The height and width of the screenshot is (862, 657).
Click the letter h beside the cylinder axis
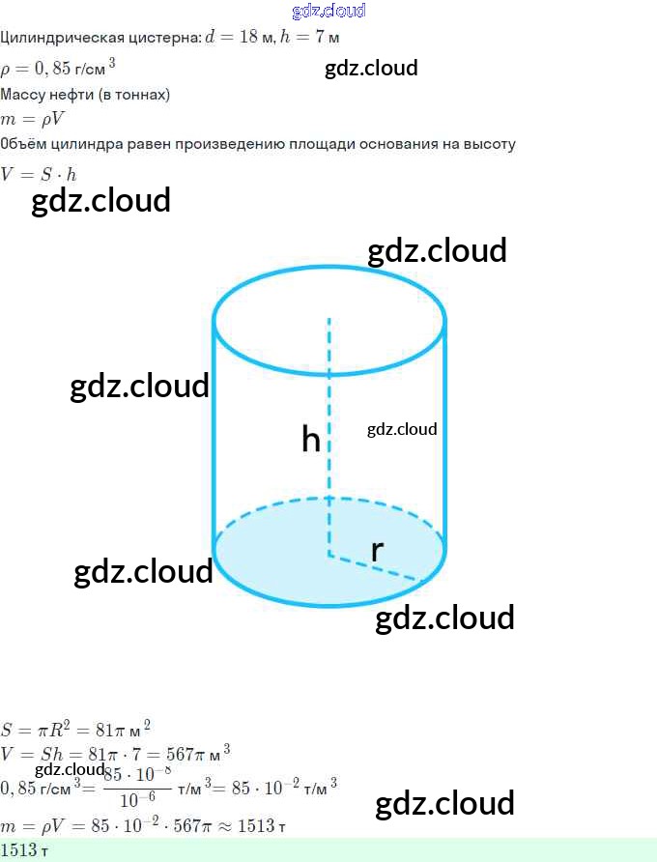coord(310,440)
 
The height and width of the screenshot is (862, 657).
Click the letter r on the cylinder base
coord(377,550)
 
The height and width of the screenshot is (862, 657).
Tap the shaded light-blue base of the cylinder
coord(280,560)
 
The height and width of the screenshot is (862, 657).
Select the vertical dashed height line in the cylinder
coord(328,406)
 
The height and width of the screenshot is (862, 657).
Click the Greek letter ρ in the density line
coord(6,69)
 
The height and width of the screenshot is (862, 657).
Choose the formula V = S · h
coord(39,175)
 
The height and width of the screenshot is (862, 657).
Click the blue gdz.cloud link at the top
coord(328,11)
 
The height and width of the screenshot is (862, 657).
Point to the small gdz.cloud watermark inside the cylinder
coord(402,429)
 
